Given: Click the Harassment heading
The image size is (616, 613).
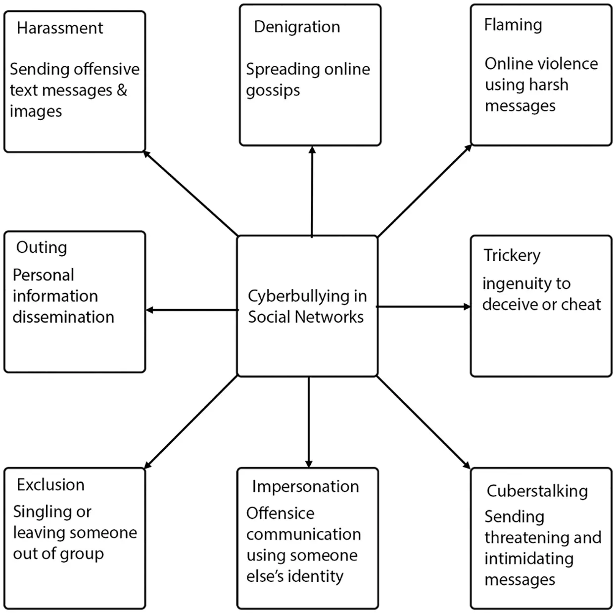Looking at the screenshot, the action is click(60, 28).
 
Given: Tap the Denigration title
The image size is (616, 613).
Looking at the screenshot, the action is click(297, 27).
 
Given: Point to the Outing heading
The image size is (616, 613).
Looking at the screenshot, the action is click(42, 248).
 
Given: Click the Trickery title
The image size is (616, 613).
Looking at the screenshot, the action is click(512, 256).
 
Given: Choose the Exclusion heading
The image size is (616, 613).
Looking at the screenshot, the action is click(50, 485).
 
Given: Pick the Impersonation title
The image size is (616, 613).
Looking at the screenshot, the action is click(305, 487).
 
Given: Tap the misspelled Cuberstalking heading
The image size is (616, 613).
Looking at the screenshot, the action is click(537, 491).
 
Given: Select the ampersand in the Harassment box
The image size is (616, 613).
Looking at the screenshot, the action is click(122, 91).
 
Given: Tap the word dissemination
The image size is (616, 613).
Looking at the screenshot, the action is click(63, 317).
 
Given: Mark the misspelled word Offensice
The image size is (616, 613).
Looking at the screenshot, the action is click(281, 514).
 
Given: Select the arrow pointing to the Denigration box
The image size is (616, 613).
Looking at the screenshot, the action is click(312, 192).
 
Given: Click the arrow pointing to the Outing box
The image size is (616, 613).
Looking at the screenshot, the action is click(192, 310).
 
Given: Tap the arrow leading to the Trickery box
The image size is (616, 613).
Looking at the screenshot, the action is click(423, 307).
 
